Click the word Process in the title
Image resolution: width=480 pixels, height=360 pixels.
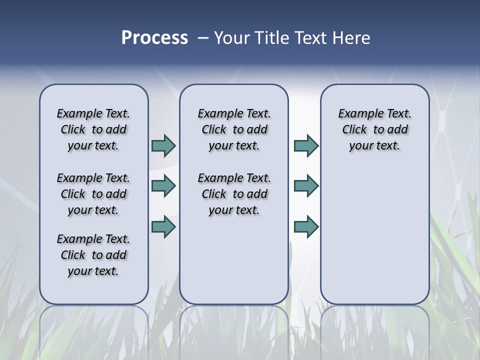tap(154, 38)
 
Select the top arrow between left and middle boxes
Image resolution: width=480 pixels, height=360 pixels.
tap(163, 146)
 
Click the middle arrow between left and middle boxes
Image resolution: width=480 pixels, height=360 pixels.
tap(163, 186)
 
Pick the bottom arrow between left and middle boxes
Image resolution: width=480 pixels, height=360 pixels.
tap(163, 227)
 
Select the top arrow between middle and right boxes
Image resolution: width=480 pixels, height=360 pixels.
tap(306, 146)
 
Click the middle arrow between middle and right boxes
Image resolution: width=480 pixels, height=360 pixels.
tap(306, 186)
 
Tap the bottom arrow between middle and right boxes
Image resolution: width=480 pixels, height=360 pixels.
tap(306, 227)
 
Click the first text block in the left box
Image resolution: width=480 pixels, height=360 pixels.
tap(93, 129)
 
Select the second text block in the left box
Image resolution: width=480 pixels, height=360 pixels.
tap(93, 194)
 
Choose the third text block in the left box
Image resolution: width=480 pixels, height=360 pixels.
tap(93, 255)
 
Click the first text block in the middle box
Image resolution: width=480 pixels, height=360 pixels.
tap(234, 129)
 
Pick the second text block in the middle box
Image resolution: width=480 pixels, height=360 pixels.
tap(234, 194)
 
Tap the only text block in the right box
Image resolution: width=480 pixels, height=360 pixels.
tap(375, 129)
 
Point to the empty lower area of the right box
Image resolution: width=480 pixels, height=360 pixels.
tap(375, 230)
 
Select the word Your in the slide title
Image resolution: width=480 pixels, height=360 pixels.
tap(231, 38)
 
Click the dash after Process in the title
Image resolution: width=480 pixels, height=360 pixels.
tap(203, 38)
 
